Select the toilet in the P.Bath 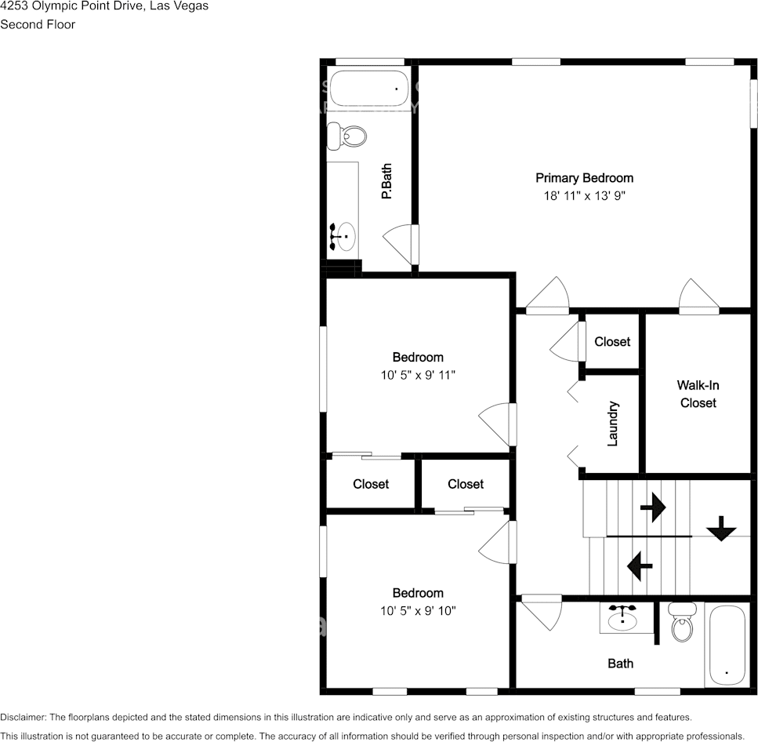346,136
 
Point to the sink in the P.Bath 343,235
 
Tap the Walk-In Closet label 698,394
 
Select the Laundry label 613,424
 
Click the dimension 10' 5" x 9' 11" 418,376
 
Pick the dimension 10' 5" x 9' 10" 418,611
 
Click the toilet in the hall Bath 682,624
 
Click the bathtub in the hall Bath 728,645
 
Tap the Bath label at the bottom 621,664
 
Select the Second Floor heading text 38,24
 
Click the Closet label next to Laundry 612,341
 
